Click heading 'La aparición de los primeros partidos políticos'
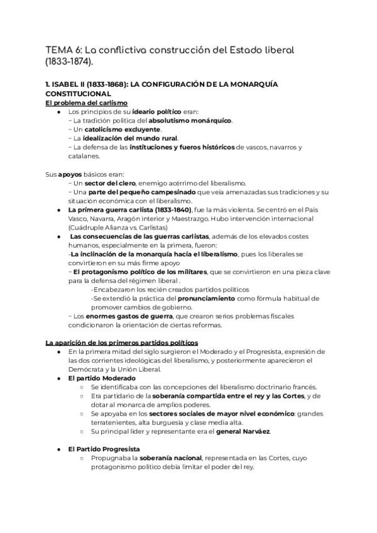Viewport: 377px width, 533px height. click(122, 343)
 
